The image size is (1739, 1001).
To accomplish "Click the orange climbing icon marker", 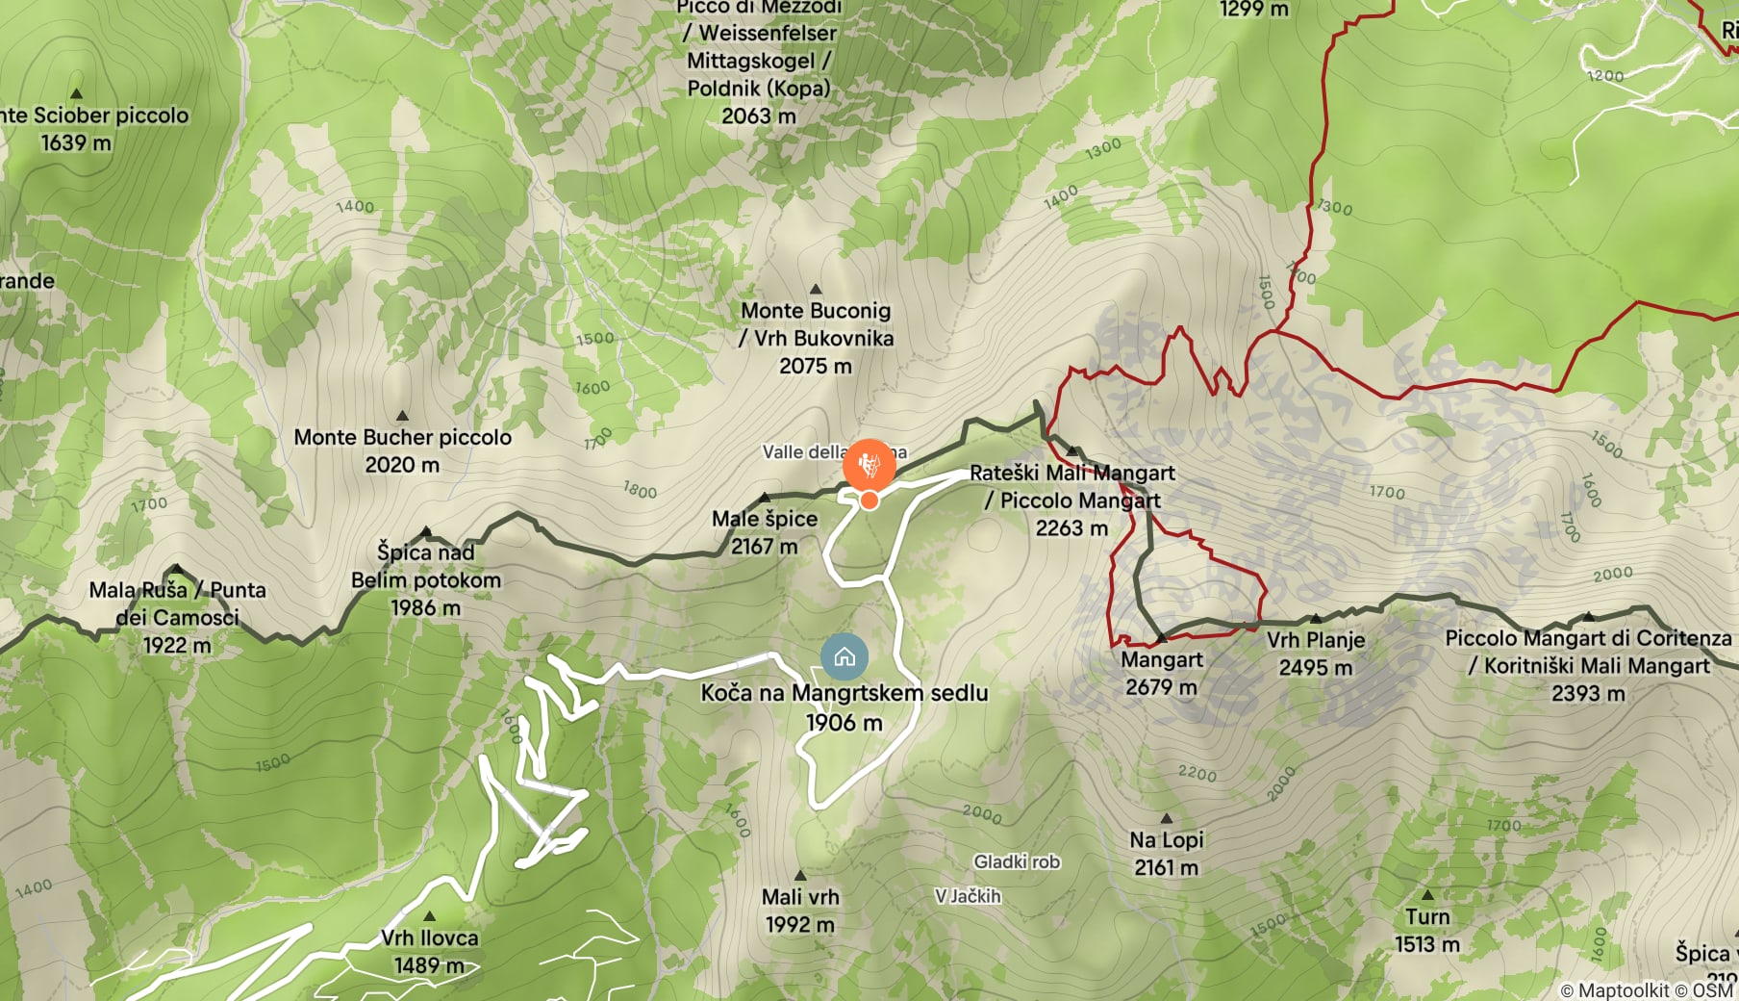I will click(869, 466).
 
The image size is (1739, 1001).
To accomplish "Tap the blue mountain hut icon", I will click(844, 657).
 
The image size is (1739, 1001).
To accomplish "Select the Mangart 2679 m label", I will click(1161, 673).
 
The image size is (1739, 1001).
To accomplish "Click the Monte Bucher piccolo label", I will click(402, 450).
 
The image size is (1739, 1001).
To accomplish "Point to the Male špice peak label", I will click(765, 532).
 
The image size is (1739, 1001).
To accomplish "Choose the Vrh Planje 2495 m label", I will click(1315, 654).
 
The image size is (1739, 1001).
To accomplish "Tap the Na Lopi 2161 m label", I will click(1166, 853).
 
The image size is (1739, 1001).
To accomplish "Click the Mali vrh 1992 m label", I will click(800, 911).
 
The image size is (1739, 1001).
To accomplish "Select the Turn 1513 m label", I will click(1427, 930).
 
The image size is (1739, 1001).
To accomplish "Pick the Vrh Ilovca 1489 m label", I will click(429, 951).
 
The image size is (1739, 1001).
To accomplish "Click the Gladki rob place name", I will click(1017, 861).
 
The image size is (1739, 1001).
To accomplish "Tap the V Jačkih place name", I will click(968, 896).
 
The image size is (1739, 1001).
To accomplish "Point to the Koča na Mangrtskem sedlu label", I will click(844, 706).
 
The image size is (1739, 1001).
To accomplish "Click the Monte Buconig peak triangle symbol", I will click(816, 289).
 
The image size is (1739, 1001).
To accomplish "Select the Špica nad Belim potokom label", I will click(425, 579).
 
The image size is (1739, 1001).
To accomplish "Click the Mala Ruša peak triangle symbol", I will click(175, 569).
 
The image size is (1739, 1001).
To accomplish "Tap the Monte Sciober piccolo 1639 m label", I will click(87, 128).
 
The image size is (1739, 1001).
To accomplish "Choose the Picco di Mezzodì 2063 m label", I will click(759, 62).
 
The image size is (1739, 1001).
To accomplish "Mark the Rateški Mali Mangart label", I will click(1071, 500).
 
